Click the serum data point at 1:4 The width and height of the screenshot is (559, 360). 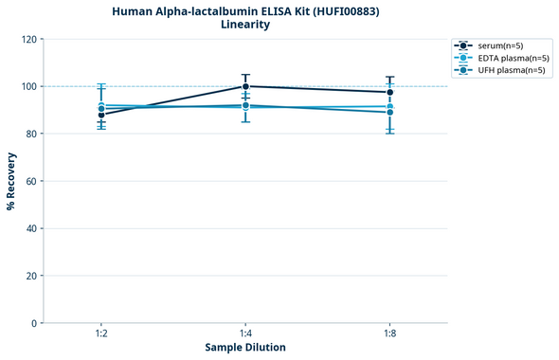coord(245,86)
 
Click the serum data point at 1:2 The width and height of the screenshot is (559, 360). coord(101,115)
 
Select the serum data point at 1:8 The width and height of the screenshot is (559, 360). coord(390,92)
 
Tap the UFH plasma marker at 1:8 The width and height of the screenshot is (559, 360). coord(390,112)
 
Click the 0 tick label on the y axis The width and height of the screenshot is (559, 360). coord(33,323)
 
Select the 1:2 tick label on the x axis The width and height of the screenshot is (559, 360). coord(101,334)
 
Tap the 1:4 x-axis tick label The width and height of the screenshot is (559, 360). coord(245,334)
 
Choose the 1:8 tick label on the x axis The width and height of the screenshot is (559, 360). coord(390,334)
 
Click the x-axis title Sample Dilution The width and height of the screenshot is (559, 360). coord(245,348)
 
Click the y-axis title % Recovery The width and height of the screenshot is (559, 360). coord(10,181)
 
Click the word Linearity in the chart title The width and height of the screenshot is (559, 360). coord(244,25)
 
